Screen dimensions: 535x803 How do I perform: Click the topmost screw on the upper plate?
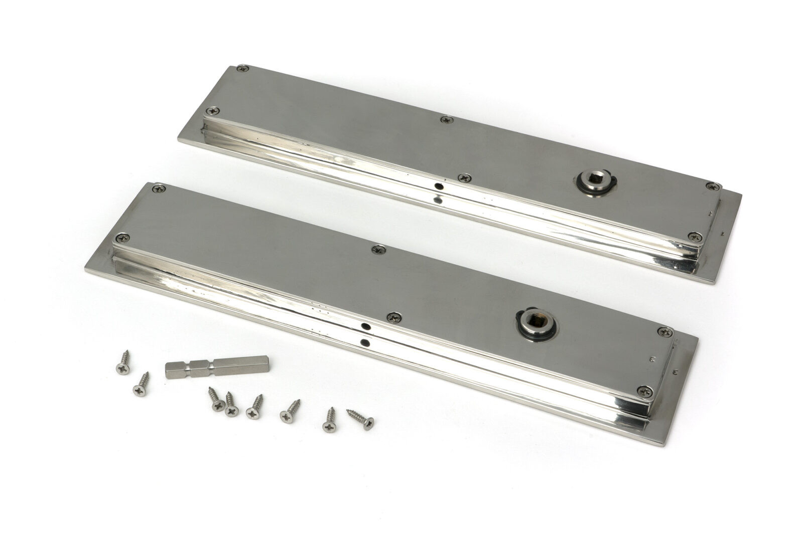[x=244, y=68]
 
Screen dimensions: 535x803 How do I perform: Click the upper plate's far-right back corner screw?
[x=712, y=186]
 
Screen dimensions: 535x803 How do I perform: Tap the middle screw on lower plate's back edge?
[x=377, y=249]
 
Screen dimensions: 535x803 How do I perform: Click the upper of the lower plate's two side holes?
[x=367, y=326]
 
